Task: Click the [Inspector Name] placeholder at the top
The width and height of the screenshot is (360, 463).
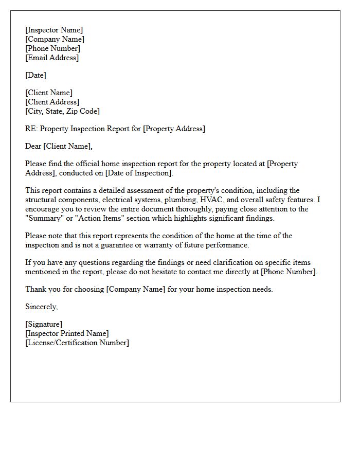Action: [x=54, y=30]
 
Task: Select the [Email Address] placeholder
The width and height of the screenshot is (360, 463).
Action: [x=52, y=58]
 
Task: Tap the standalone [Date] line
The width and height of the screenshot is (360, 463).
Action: [x=36, y=76]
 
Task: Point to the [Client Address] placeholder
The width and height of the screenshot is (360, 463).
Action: [x=52, y=102]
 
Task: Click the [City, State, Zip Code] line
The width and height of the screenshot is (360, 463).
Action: [x=62, y=112]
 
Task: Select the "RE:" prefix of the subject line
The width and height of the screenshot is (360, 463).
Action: [x=31, y=129]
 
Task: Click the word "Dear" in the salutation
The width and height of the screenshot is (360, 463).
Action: [x=33, y=147]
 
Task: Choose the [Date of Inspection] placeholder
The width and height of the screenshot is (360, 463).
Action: [x=139, y=173]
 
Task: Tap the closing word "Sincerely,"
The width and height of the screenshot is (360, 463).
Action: [x=42, y=307]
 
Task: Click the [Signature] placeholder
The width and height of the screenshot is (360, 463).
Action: [x=44, y=325]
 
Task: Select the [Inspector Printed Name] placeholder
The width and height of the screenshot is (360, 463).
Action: [x=67, y=334]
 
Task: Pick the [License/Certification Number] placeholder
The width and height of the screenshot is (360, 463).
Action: [x=77, y=343]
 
